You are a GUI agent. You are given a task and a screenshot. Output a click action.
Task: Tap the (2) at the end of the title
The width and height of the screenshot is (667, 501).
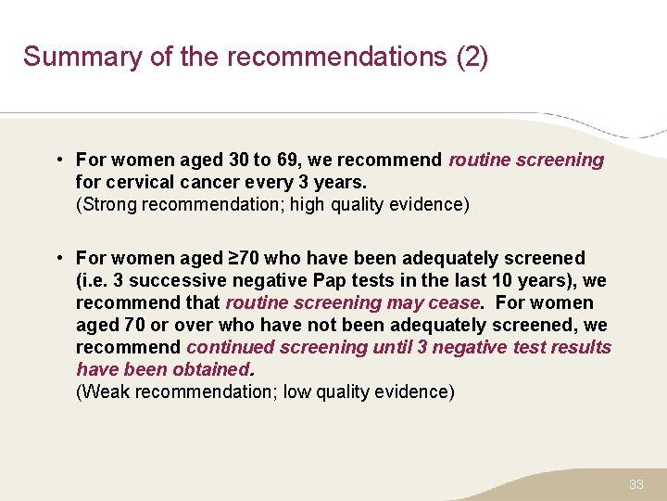tap(472, 58)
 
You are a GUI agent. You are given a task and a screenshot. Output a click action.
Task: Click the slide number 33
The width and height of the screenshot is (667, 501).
tap(636, 484)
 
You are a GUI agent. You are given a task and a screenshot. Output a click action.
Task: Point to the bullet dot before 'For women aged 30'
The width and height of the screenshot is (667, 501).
tap(57, 160)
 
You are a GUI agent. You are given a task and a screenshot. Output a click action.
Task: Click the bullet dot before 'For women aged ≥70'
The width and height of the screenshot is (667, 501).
tap(57, 258)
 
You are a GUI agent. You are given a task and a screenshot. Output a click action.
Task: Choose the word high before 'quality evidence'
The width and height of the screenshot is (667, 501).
tap(310, 204)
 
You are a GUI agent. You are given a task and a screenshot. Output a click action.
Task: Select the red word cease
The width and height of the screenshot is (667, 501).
tap(454, 302)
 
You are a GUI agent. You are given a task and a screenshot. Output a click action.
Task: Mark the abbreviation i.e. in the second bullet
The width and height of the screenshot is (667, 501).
tap(94, 280)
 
